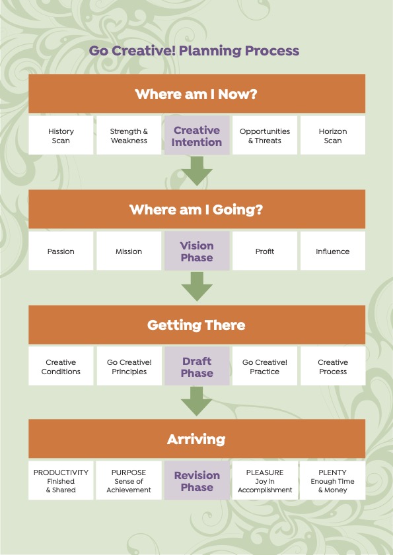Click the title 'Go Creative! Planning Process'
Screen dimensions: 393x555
pyautogui.click(x=194, y=51)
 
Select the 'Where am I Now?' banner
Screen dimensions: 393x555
pyautogui.click(x=197, y=94)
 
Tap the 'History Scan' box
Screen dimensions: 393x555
pyautogui.click(x=61, y=135)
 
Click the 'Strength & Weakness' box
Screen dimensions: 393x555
pyautogui.click(x=129, y=135)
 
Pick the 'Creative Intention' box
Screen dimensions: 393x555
pyautogui.click(x=197, y=135)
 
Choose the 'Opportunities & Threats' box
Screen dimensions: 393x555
pyautogui.click(x=265, y=135)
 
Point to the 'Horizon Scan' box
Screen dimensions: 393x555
pyautogui.click(x=333, y=135)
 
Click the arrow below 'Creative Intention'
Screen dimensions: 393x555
pyautogui.click(x=197, y=172)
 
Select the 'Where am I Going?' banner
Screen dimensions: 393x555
pyautogui.click(x=197, y=209)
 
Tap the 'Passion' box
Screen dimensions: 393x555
pyautogui.click(x=61, y=251)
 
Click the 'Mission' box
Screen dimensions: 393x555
pyautogui.click(x=129, y=251)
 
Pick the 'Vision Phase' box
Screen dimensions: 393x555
pyautogui.click(x=197, y=251)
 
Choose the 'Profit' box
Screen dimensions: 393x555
pyautogui.click(x=265, y=251)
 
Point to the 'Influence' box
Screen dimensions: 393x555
pyautogui.click(x=333, y=251)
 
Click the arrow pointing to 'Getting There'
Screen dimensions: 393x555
pyautogui.click(x=197, y=286)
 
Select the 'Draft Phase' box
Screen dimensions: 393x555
pyautogui.click(x=197, y=366)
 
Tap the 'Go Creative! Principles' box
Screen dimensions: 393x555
pyautogui.click(x=129, y=366)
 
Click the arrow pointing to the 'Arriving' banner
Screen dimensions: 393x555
pyautogui.click(x=197, y=401)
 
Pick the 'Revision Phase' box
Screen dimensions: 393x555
pyautogui.click(x=197, y=480)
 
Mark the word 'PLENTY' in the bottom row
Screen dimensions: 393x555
pyautogui.click(x=332, y=473)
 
